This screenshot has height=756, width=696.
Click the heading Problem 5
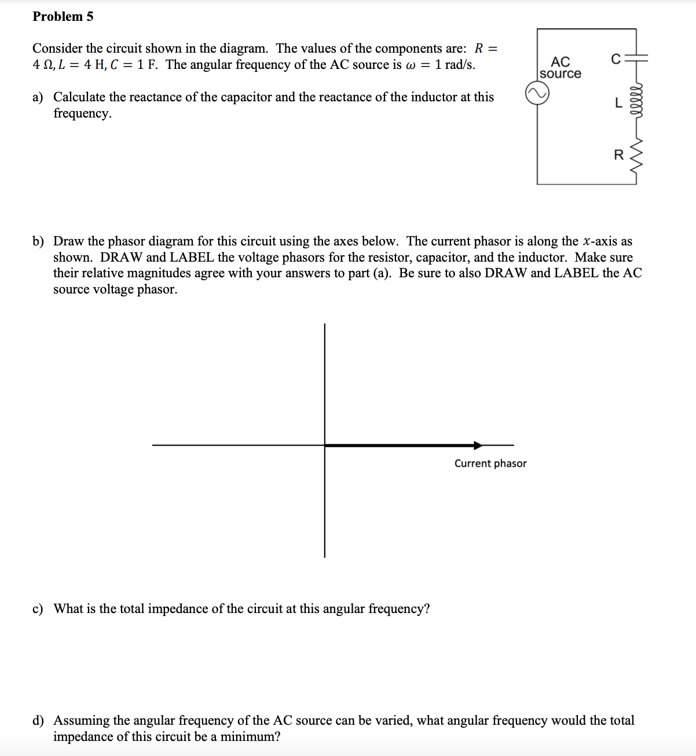(63, 16)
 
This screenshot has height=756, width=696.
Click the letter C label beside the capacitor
(616, 59)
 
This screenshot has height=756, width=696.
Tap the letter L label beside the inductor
(618, 104)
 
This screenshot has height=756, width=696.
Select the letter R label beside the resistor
(618, 155)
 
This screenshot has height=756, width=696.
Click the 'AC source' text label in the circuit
(560, 67)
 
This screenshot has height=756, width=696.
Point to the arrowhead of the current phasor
(478, 445)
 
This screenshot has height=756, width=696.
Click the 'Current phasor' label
(490, 463)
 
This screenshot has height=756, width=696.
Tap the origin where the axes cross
(325, 445)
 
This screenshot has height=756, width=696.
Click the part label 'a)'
(38, 97)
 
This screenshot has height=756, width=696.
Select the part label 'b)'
(38, 241)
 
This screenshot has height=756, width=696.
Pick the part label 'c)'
(38, 609)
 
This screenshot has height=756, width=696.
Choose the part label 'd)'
(38, 721)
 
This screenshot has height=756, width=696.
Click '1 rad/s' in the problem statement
(455, 64)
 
